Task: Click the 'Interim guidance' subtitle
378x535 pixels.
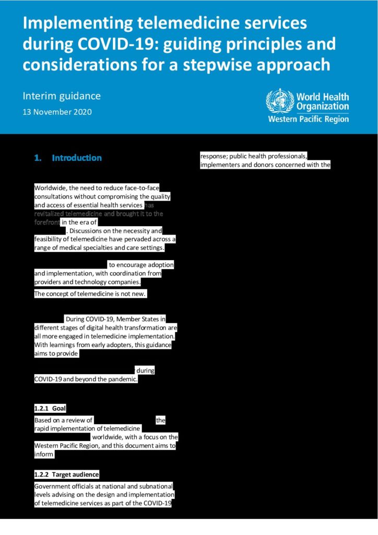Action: click(x=62, y=96)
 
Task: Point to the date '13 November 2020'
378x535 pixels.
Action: click(x=57, y=112)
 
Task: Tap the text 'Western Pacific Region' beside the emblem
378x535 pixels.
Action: click(x=308, y=119)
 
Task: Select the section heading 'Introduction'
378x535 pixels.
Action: click(x=77, y=158)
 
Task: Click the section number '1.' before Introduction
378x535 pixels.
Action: click(x=38, y=158)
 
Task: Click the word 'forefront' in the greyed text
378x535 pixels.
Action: click(x=47, y=222)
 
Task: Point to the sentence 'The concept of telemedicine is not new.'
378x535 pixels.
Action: click(x=90, y=294)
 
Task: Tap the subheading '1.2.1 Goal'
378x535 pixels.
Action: click(x=50, y=408)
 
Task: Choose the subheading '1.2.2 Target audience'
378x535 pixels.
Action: click(x=66, y=474)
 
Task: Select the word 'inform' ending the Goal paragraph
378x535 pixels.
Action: click(x=44, y=455)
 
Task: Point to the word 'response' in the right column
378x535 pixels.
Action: click(x=215, y=156)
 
